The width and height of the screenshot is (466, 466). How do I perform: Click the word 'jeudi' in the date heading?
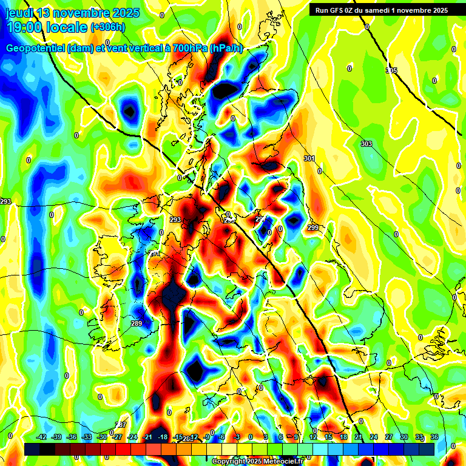[18, 13]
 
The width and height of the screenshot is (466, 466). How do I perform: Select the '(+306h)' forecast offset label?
[107, 27]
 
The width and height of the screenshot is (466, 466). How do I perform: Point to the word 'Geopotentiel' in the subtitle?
[36, 49]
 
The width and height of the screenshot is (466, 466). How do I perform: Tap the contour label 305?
[391, 71]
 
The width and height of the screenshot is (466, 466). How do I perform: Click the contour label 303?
[366, 144]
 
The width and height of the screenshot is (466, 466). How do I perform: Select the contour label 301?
[309, 158]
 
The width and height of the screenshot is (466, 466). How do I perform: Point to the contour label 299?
[313, 228]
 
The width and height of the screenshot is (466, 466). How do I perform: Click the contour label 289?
[137, 323]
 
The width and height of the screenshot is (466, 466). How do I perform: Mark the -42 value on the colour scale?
[42, 436]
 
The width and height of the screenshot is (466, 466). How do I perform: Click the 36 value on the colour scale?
[434, 436]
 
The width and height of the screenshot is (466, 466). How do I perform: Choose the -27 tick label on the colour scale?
[117, 436]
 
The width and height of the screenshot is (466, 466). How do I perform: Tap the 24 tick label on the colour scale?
[374, 436]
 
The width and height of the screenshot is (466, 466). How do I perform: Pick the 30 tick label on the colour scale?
[404, 436]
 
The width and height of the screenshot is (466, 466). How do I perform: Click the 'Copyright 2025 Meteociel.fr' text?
[257, 461]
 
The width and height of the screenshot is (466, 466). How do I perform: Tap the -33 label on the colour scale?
[87, 436]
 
